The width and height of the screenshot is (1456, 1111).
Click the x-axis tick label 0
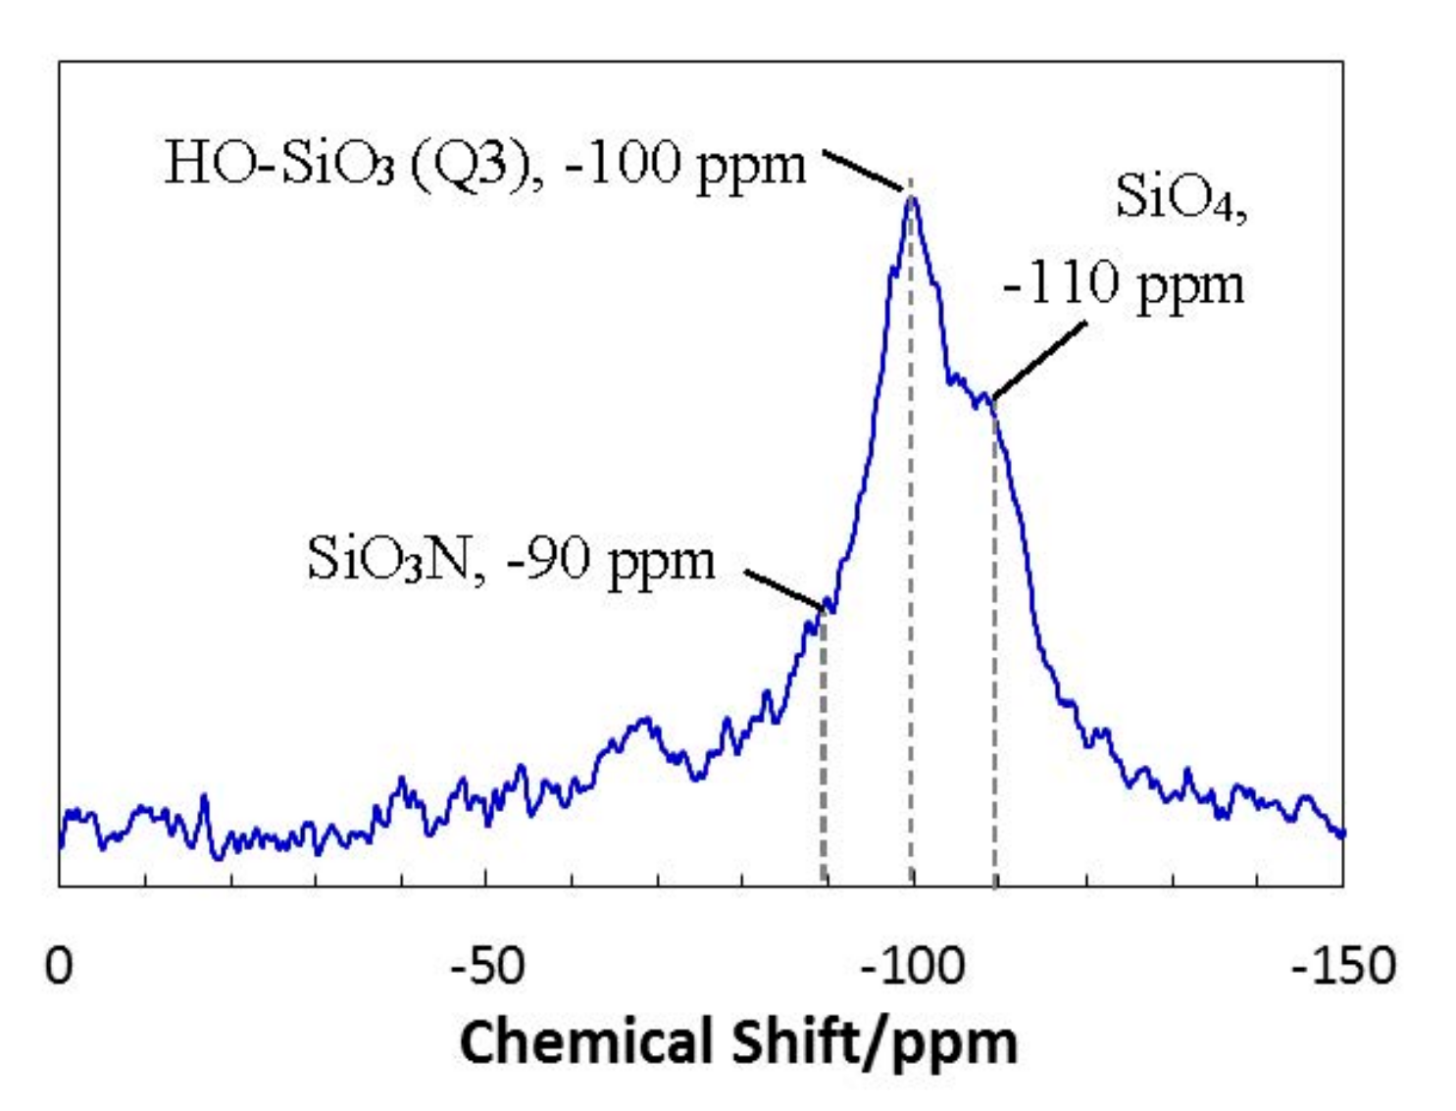pyautogui.click(x=59, y=967)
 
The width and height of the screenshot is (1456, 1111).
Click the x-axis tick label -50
pyautogui.click(x=487, y=967)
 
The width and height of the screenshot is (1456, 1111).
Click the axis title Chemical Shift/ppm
pyautogui.click(x=738, y=1041)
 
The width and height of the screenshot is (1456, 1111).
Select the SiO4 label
pyautogui.click(x=1180, y=196)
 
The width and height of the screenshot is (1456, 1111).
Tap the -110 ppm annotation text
pyautogui.click(x=1124, y=284)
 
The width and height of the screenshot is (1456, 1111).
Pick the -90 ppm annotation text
pyautogui.click(x=611, y=561)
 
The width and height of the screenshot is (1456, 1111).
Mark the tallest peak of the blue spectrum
pyautogui.click(x=912, y=199)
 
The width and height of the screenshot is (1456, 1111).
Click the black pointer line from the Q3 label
pyautogui.click(x=863, y=171)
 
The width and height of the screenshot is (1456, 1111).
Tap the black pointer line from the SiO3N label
pyautogui.click(x=784, y=588)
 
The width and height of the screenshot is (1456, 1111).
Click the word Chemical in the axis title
pyautogui.click(x=584, y=1041)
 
